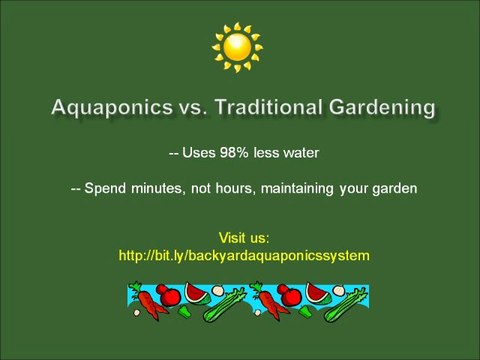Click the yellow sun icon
237,46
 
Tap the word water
298,154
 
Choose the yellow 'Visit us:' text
244,238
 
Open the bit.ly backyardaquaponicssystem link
244,256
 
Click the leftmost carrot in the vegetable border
147,301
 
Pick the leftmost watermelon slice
195,292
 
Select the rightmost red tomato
290,295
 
